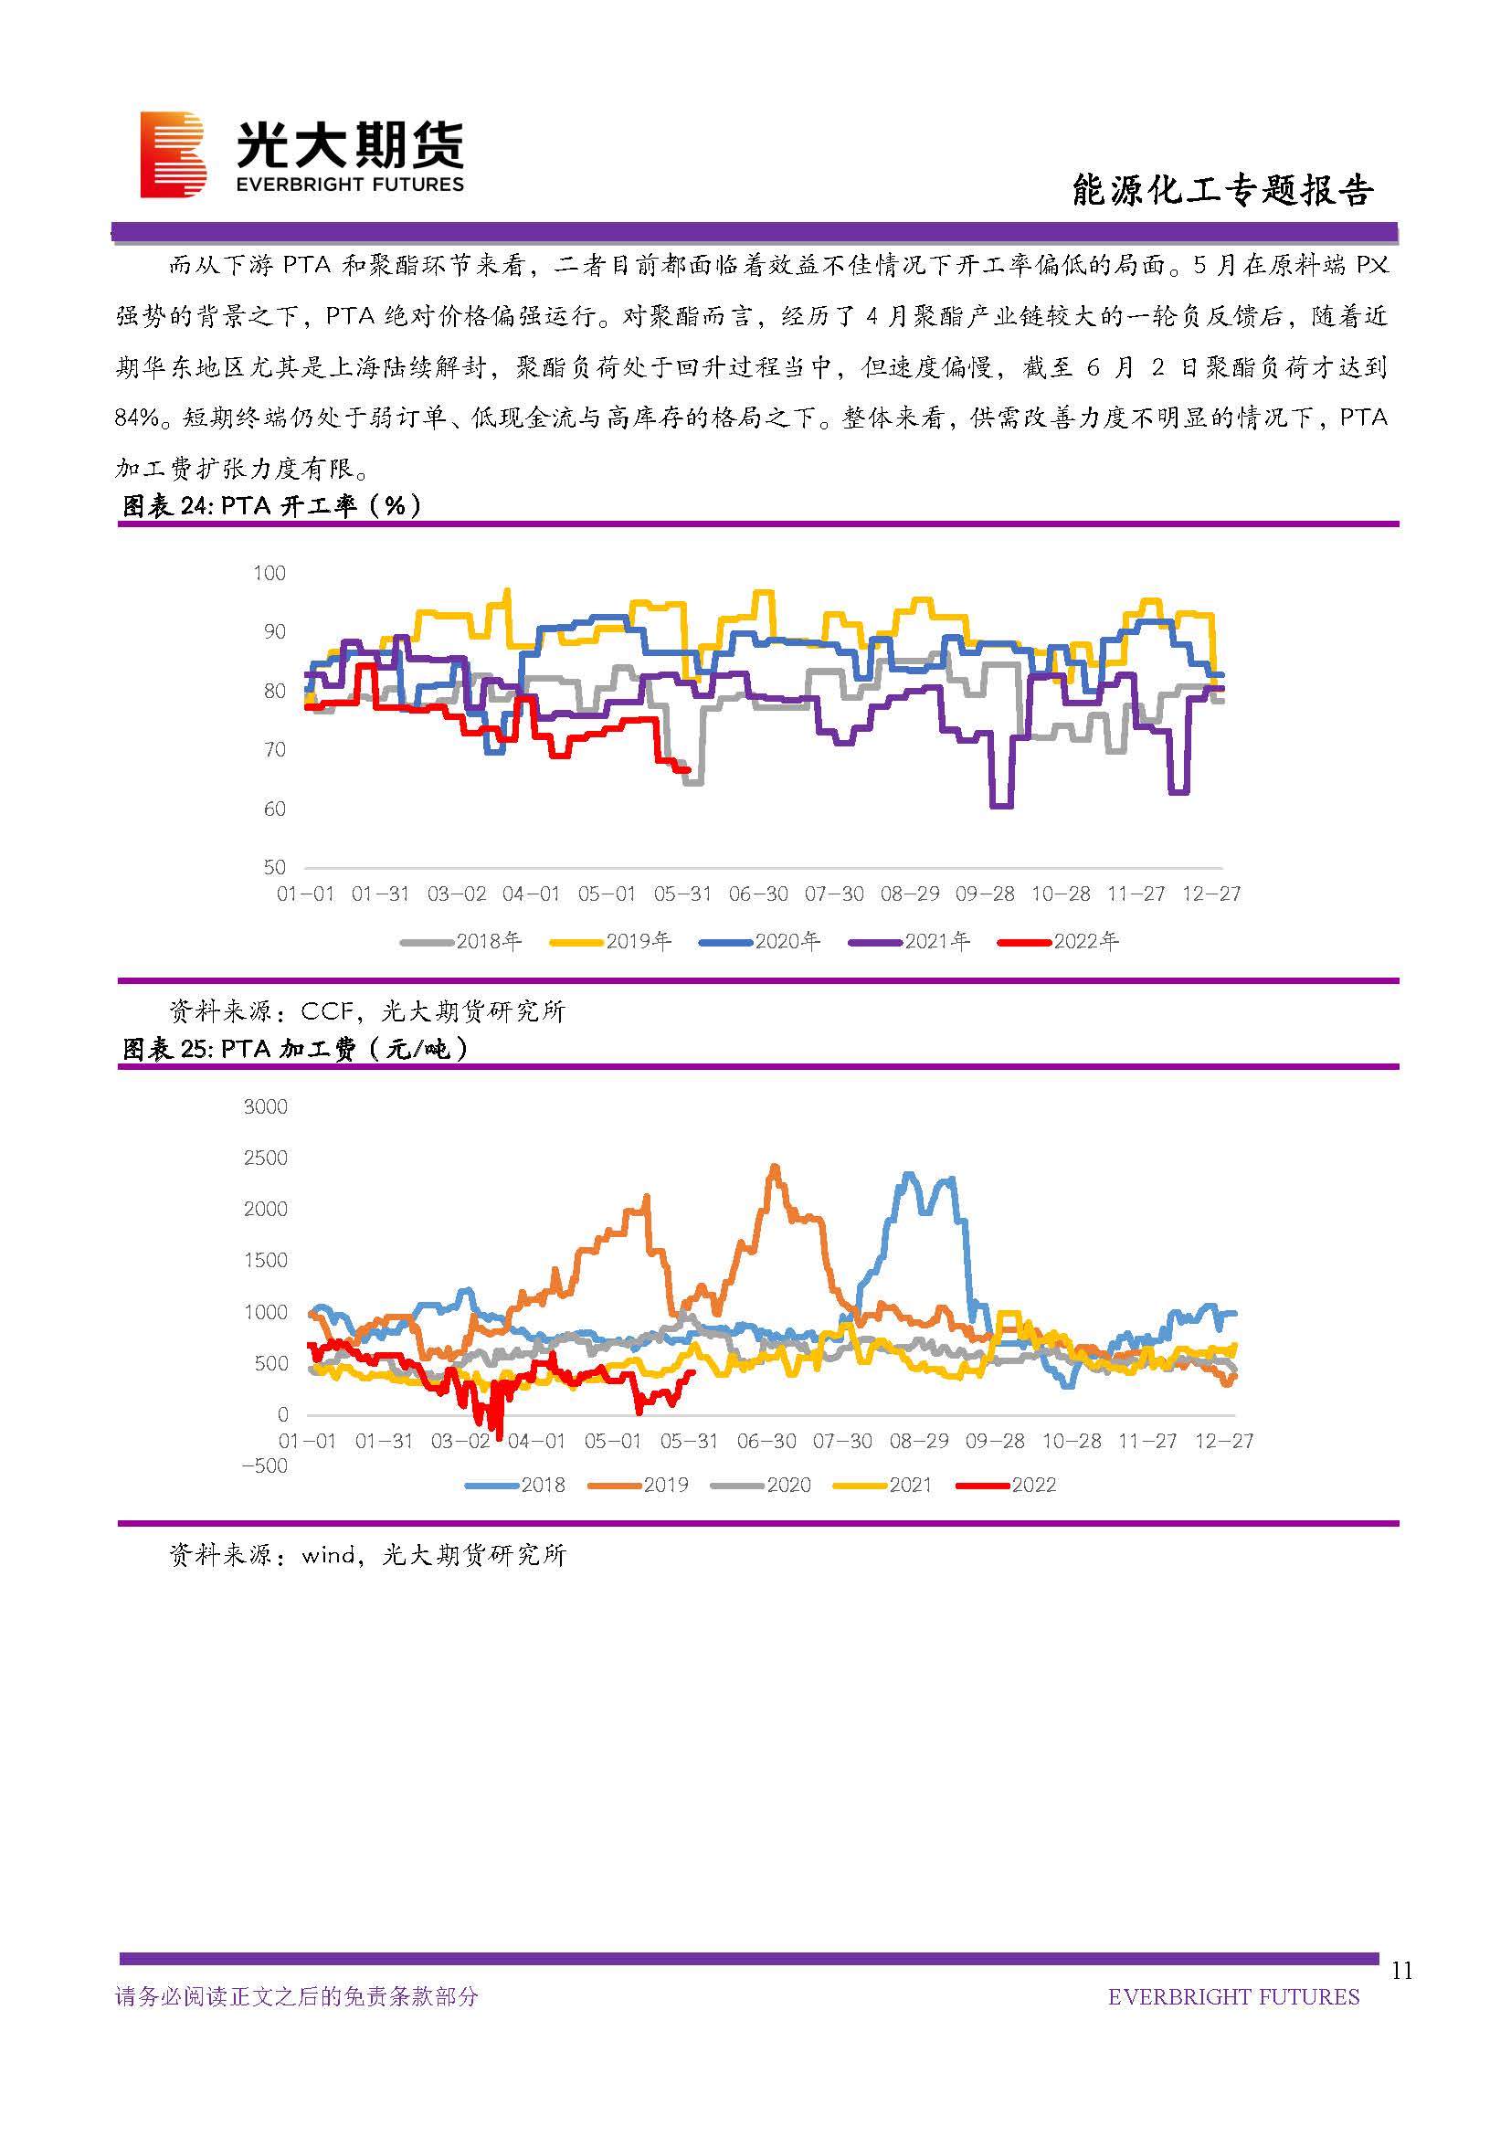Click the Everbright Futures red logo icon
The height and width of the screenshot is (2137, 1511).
173,154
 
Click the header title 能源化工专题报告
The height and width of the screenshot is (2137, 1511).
1221,190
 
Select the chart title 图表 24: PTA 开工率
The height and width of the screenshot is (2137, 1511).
271,505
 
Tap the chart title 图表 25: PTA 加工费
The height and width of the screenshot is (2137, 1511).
295,1049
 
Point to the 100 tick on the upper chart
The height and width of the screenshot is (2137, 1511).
269,574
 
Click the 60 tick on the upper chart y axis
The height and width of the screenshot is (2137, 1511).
273,809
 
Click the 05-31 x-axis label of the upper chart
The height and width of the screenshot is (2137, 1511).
682,894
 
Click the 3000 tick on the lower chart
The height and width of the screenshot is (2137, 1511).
265,1106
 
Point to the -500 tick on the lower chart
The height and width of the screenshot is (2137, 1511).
264,1465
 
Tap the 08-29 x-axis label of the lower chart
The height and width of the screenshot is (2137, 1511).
918,1442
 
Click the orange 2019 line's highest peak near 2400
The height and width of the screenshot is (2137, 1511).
774,1167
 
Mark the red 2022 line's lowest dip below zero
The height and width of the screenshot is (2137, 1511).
499,1438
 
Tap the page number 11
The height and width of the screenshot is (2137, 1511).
1401,1971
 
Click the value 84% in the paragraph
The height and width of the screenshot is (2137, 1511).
137,418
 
